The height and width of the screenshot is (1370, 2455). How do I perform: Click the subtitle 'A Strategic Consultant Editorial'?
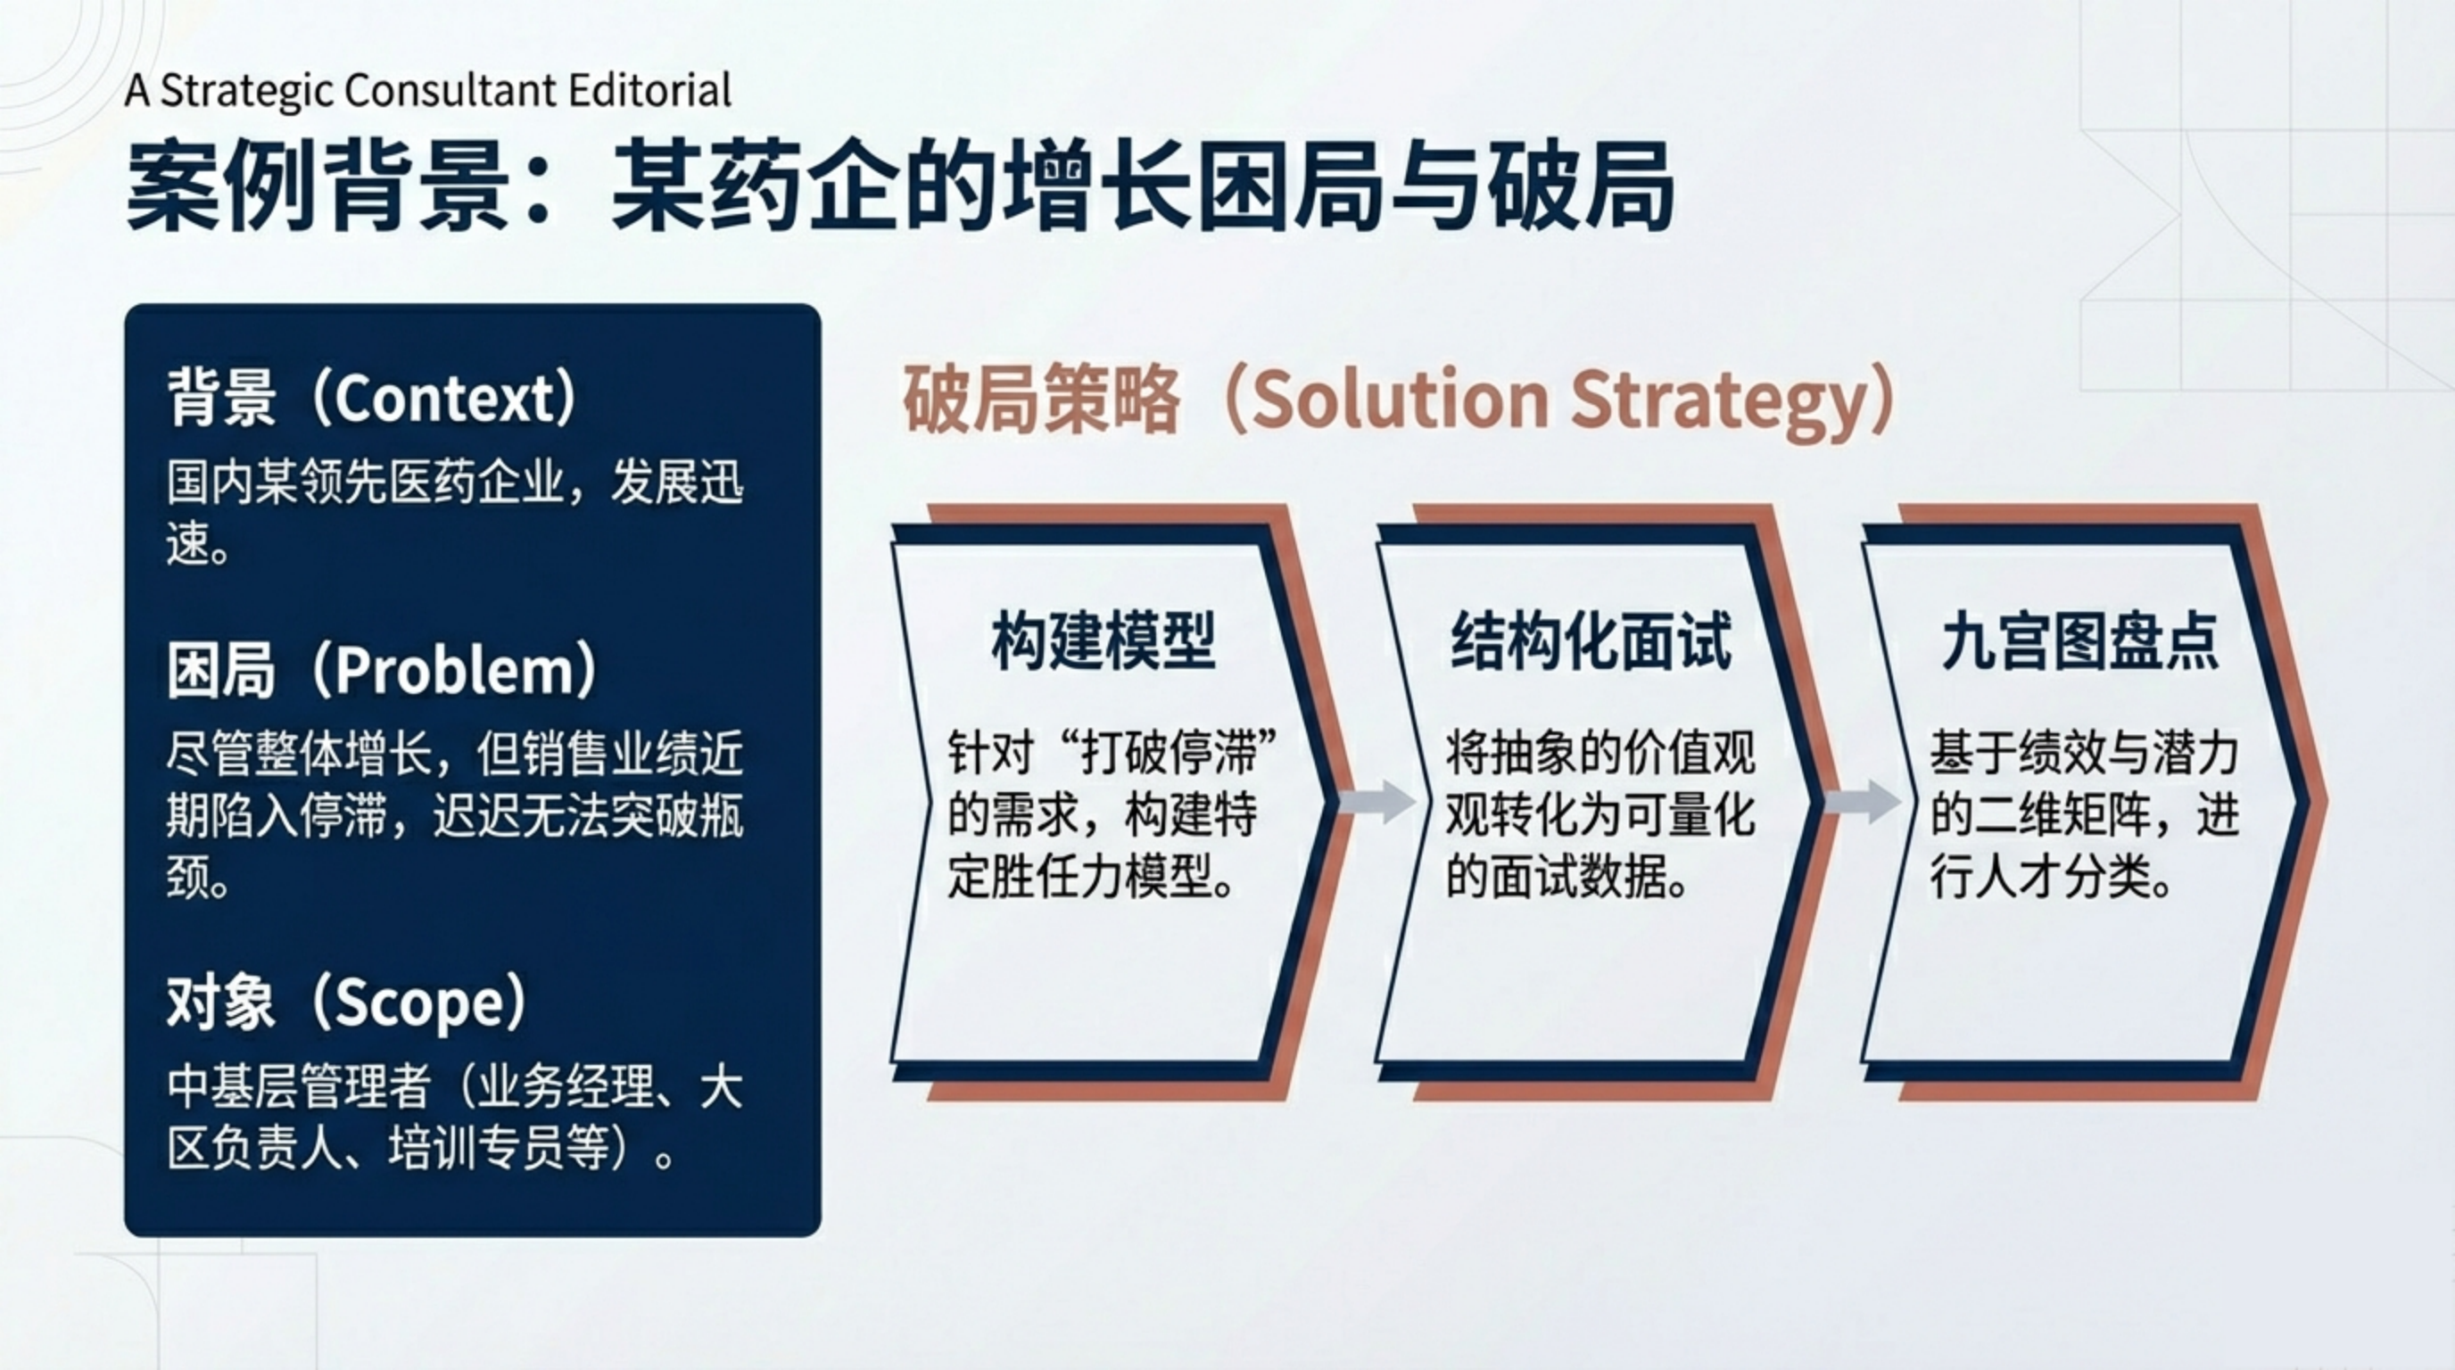click(428, 90)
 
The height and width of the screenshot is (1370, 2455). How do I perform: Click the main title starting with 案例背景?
click(899, 186)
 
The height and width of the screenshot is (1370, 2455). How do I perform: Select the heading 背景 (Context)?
click(373, 397)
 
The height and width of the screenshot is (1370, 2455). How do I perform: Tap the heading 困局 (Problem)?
click(383, 670)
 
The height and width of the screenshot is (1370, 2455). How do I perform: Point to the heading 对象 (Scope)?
click(347, 1002)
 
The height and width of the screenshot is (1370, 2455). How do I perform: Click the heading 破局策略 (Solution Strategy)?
click(1399, 400)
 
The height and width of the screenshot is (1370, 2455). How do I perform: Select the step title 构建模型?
click(1104, 641)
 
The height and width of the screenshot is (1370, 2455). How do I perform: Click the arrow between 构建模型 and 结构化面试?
click(1378, 801)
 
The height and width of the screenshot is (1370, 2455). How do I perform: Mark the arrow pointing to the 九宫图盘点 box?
click(1864, 801)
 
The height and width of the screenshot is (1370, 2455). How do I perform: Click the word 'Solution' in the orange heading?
click(1400, 400)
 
